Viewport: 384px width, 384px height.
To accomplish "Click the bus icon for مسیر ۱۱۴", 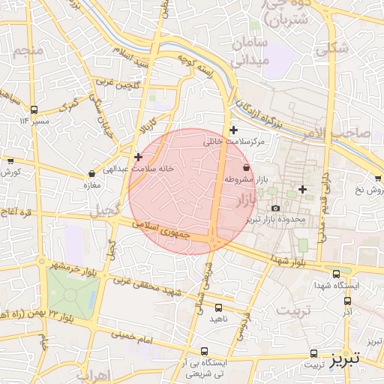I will [x=34, y=109].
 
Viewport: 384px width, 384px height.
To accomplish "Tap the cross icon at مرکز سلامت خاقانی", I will [x=233, y=130].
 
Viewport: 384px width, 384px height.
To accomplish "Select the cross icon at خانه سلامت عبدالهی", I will [x=138, y=157].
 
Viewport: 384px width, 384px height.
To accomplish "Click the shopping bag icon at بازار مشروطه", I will [x=247, y=167].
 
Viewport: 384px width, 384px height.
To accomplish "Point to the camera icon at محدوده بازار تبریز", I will [x=276, y=208].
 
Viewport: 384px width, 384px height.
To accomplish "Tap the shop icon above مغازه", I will [x=91, y=172].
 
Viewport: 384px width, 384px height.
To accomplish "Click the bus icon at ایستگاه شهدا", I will [x=336, y=274].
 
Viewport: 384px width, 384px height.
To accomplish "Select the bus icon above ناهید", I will [x=218, y=307].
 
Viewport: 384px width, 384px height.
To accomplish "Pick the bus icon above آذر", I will [x=347, y=300].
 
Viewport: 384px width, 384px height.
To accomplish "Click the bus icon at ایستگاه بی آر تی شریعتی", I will [x=205, y=350].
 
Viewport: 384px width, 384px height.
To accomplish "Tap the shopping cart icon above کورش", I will [x=10, y=160].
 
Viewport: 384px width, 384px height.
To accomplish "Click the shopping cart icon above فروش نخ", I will [x=377, y=178].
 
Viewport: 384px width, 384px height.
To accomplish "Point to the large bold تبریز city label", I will [x=346, y=358].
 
